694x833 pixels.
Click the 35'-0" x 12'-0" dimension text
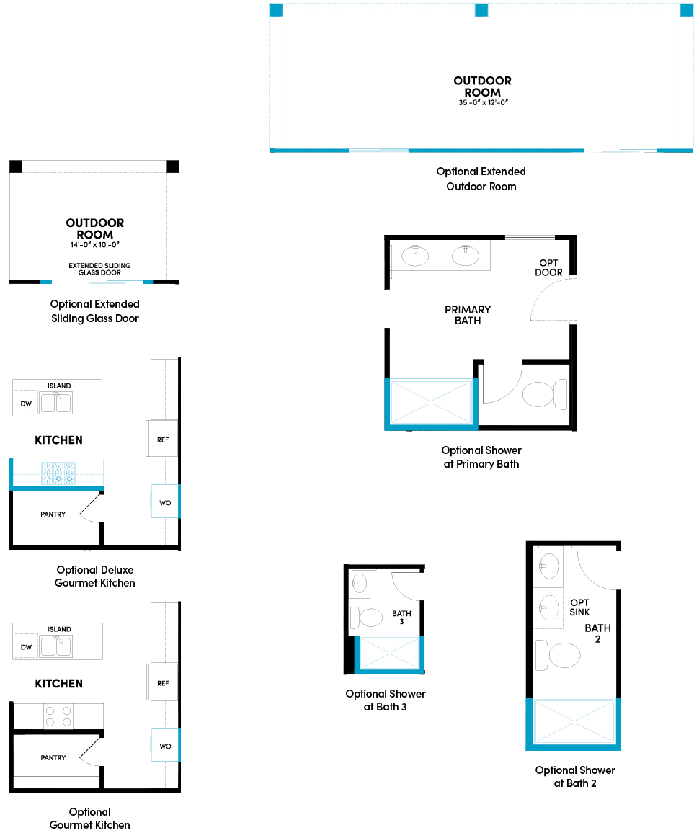tap(482, 102)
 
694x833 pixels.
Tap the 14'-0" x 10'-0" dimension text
tap(94, 245)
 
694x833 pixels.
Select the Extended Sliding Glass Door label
tap(99, 269)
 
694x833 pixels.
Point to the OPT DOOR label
tap(548, 267)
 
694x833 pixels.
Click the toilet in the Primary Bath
tap(545, 394)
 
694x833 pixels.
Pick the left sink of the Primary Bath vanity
tap(416, 254)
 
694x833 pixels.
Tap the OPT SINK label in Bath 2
tap(579, 607)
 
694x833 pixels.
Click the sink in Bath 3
tap(360, 583)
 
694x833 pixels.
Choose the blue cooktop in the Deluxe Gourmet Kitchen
tap(57, 473)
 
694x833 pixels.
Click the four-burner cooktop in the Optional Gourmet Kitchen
tap(58, 716)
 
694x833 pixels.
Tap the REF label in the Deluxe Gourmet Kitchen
tap(163, 440)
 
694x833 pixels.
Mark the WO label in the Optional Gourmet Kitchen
tap(165, 746)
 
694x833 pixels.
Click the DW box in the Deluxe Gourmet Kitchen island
tap(26, 404)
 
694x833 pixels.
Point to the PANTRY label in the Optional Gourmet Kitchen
tap(53, 757)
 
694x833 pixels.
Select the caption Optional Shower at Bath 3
tap(386, 700)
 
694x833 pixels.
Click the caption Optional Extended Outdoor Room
tap(481, 179)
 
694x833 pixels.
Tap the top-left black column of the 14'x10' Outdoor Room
tap(16, 166)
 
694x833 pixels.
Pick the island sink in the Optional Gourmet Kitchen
tap(56, 646)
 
